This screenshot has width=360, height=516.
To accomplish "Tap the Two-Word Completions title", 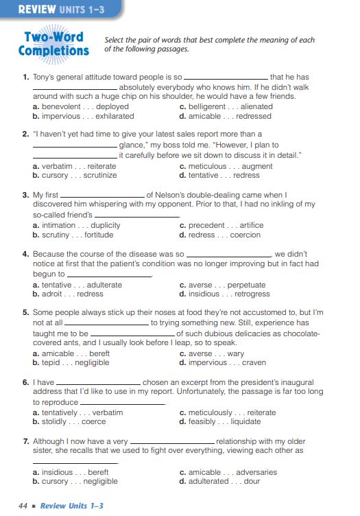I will (54, 44).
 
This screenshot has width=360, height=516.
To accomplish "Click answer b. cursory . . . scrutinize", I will (75, 175).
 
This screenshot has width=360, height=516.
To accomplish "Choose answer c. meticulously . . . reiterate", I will (227, 412).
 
